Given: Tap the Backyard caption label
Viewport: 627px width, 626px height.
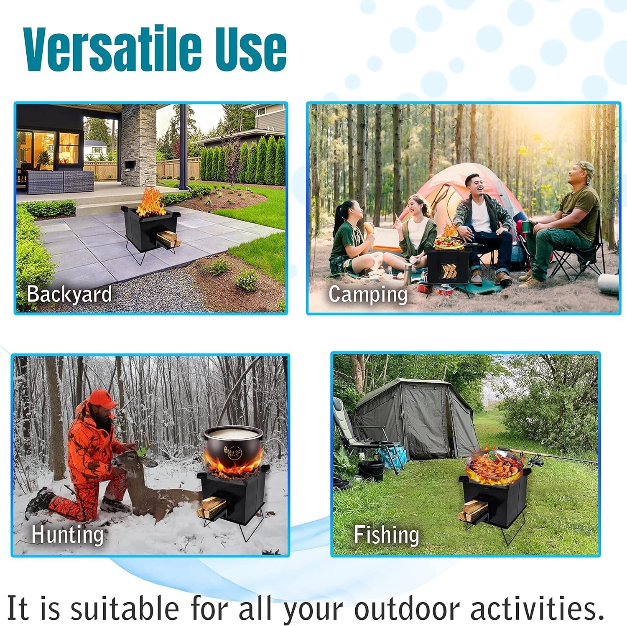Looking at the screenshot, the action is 69,294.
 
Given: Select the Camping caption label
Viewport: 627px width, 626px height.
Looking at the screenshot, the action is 368,295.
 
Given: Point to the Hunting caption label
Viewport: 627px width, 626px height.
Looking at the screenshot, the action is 67,534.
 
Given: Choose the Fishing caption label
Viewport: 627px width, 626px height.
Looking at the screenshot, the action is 386,535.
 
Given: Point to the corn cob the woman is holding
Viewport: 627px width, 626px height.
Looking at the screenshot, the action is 369,228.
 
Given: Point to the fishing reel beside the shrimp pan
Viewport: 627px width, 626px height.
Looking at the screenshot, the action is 536,462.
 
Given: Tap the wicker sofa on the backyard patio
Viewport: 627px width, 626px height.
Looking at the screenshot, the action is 59,182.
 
